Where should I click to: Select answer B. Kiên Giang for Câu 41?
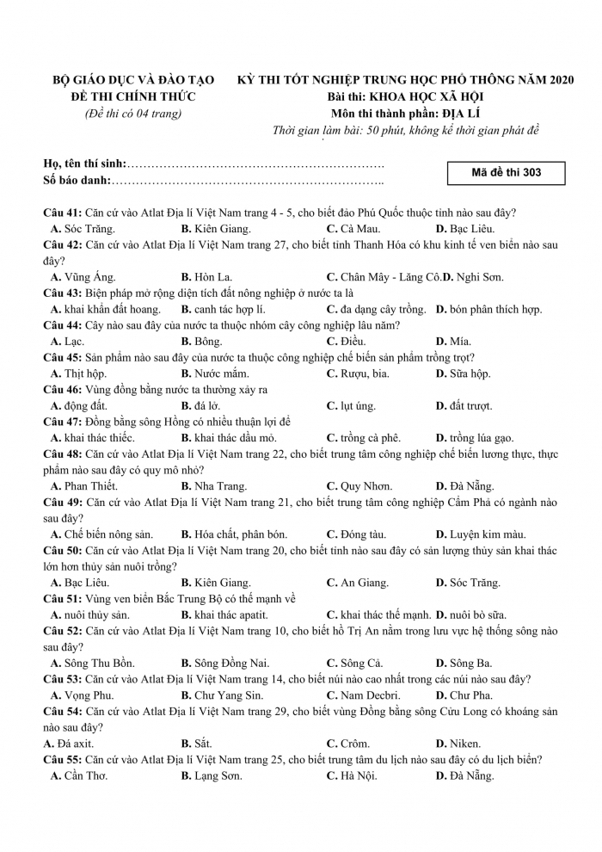pos(216,229)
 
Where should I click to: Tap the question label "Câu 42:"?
pos(63,245)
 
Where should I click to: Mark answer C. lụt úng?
pos(352,405)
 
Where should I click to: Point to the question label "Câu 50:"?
pos(63,550)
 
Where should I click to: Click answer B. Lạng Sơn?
pos(212,775)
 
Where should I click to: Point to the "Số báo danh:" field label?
pos(77,180)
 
